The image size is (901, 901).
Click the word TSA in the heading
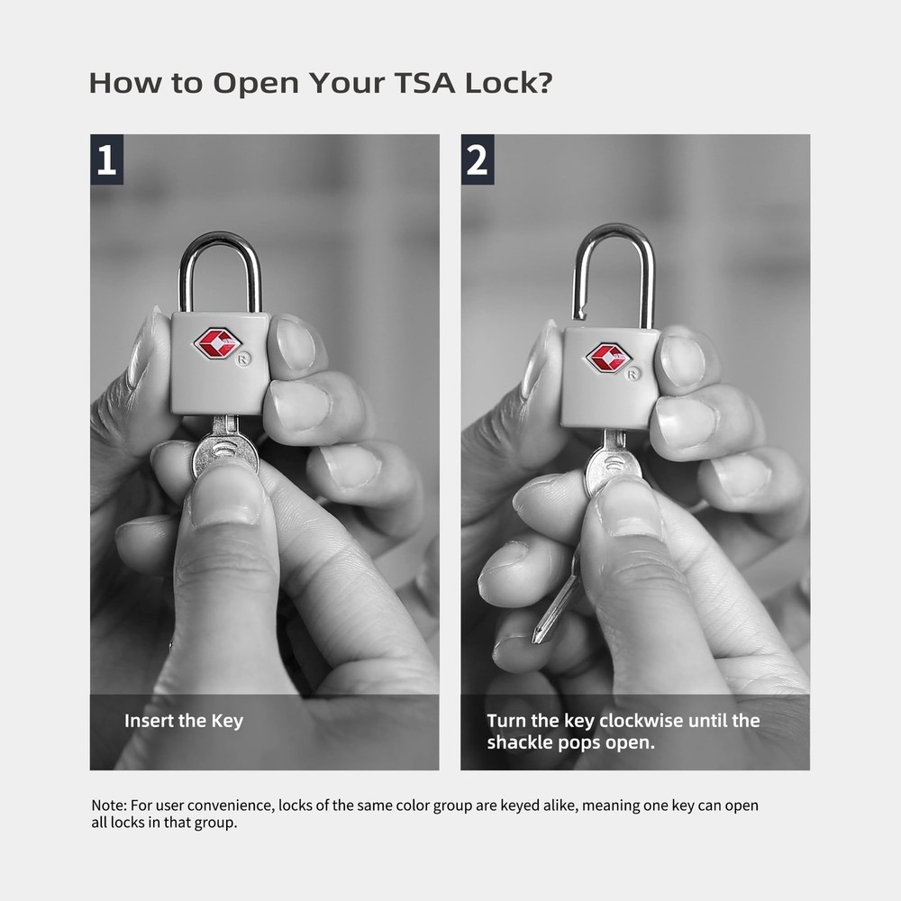click(x=421, y=83)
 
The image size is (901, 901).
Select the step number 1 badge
click(x=106, y=159)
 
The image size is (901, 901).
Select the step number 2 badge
click(x=478, y=159)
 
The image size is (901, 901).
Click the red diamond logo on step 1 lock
click(x=217, y=343)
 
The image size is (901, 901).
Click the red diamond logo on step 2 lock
click(x=608, y=357)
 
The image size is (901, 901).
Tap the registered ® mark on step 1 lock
click(x=245, y=359)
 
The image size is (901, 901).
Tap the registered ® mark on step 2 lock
click(x=633, y=372)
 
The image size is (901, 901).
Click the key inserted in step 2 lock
click(x=613, y=464)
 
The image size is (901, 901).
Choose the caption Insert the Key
click(x=184, y=721)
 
